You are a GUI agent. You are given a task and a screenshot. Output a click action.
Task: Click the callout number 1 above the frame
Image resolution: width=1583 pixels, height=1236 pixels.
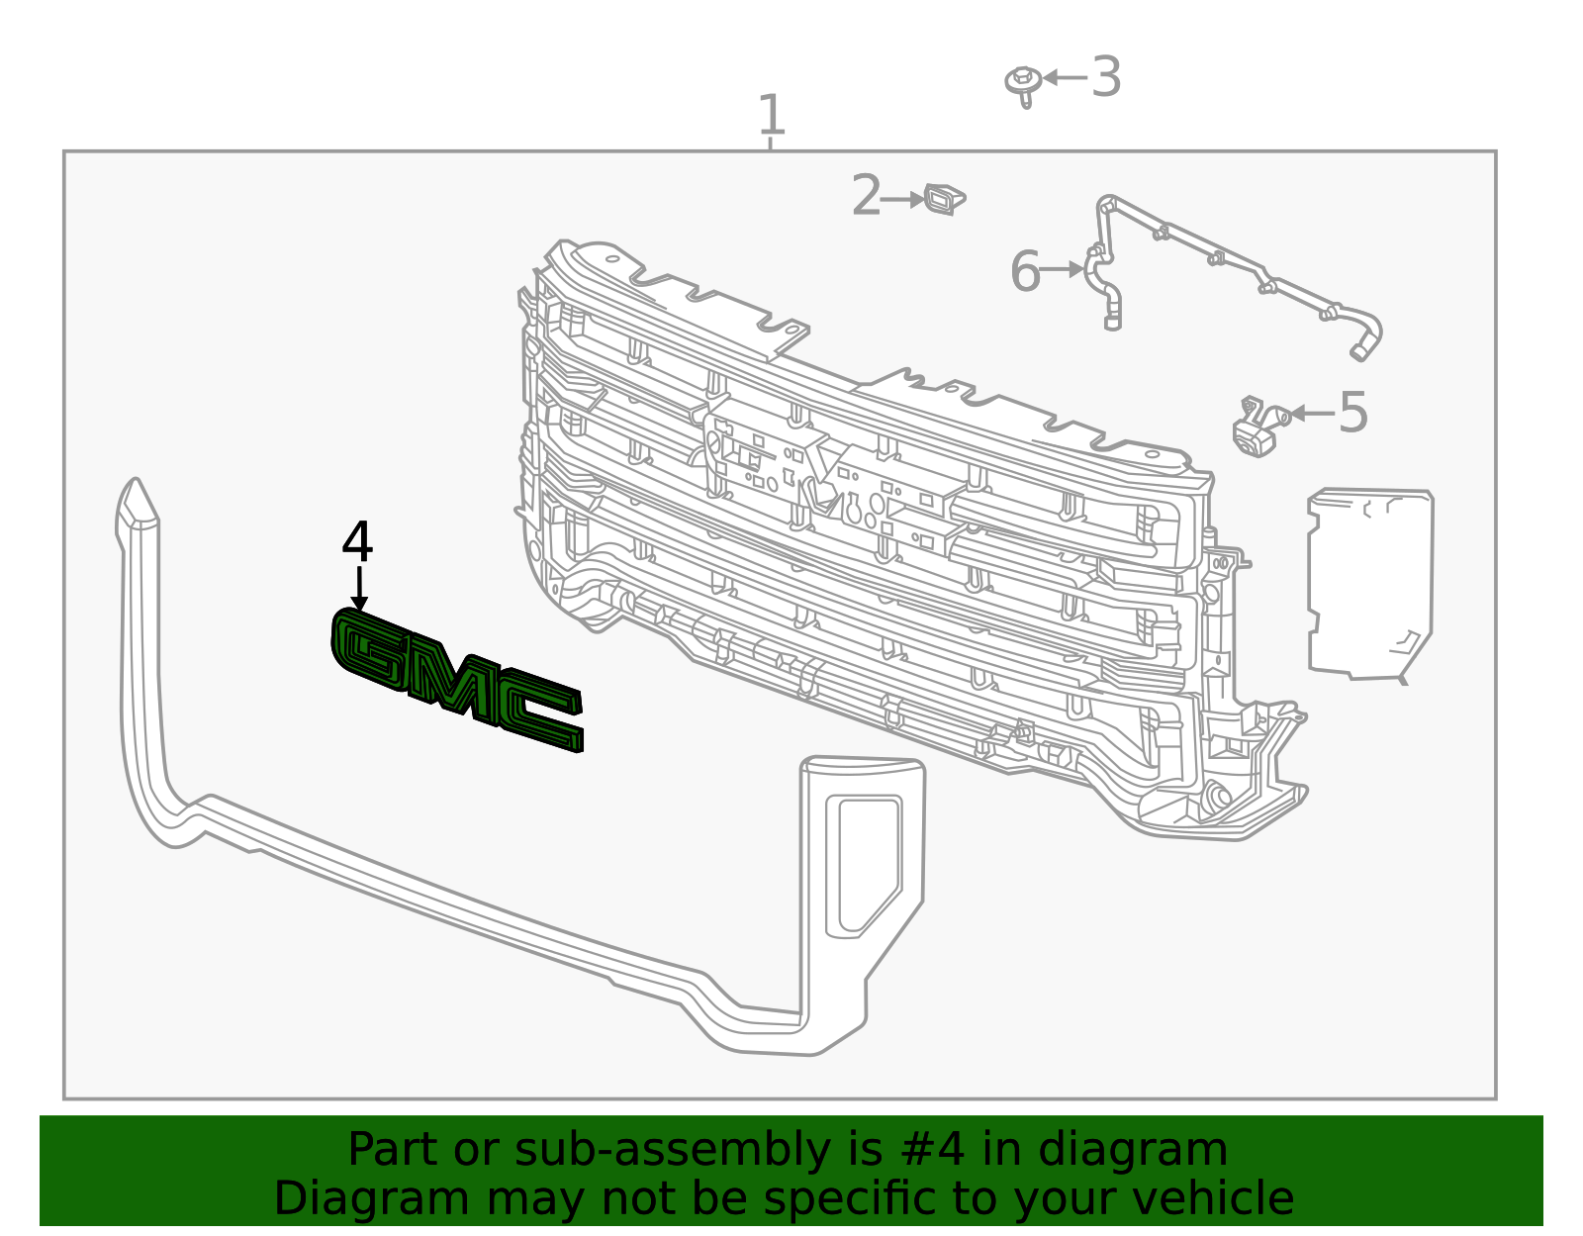coord(771,116)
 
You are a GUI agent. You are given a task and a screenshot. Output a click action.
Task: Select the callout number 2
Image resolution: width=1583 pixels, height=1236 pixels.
coord(866,196)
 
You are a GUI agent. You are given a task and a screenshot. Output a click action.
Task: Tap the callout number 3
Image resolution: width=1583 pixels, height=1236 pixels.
coord(1106,77)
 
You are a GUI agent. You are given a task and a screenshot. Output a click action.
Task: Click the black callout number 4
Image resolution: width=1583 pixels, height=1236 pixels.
coord(357,543)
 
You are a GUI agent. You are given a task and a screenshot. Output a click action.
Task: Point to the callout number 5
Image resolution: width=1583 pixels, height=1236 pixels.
coord(1352,413)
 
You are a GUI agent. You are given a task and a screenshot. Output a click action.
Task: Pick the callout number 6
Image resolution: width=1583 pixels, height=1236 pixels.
coord(1026,271)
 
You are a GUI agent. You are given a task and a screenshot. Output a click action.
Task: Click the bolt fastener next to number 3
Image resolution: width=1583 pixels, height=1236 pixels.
coord(1023,83)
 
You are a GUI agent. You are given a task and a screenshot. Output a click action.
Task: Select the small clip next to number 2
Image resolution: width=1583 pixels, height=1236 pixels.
coord(944,199)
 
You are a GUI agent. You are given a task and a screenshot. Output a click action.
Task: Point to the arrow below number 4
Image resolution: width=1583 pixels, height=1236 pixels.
coord(359,589)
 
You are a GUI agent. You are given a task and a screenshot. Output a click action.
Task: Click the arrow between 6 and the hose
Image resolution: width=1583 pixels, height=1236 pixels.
coord(1064,269)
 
